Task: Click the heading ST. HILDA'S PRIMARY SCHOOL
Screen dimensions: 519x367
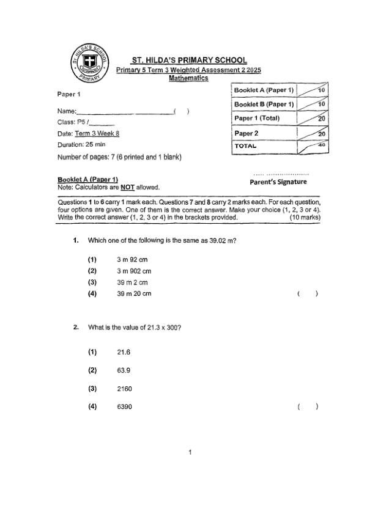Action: (x=190, y=60)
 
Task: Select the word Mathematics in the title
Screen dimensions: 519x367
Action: (x=188, y=78)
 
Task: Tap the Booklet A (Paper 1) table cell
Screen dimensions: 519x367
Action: (x=264, y=90)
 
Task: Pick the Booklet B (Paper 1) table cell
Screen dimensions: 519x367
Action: (x=264, y=105)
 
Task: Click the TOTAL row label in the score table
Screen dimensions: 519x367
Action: (x=246, y=147)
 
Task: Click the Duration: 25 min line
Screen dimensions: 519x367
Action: (x=81, y=145)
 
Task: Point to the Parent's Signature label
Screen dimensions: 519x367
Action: (x=278, y=182)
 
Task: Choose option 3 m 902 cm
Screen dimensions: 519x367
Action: (x=134, y=271)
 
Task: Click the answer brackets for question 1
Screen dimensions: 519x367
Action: (x=308, y=294)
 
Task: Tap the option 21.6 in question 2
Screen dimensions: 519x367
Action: (x=124, y=352)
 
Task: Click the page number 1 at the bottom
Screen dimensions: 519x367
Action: (x=190, y=452)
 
